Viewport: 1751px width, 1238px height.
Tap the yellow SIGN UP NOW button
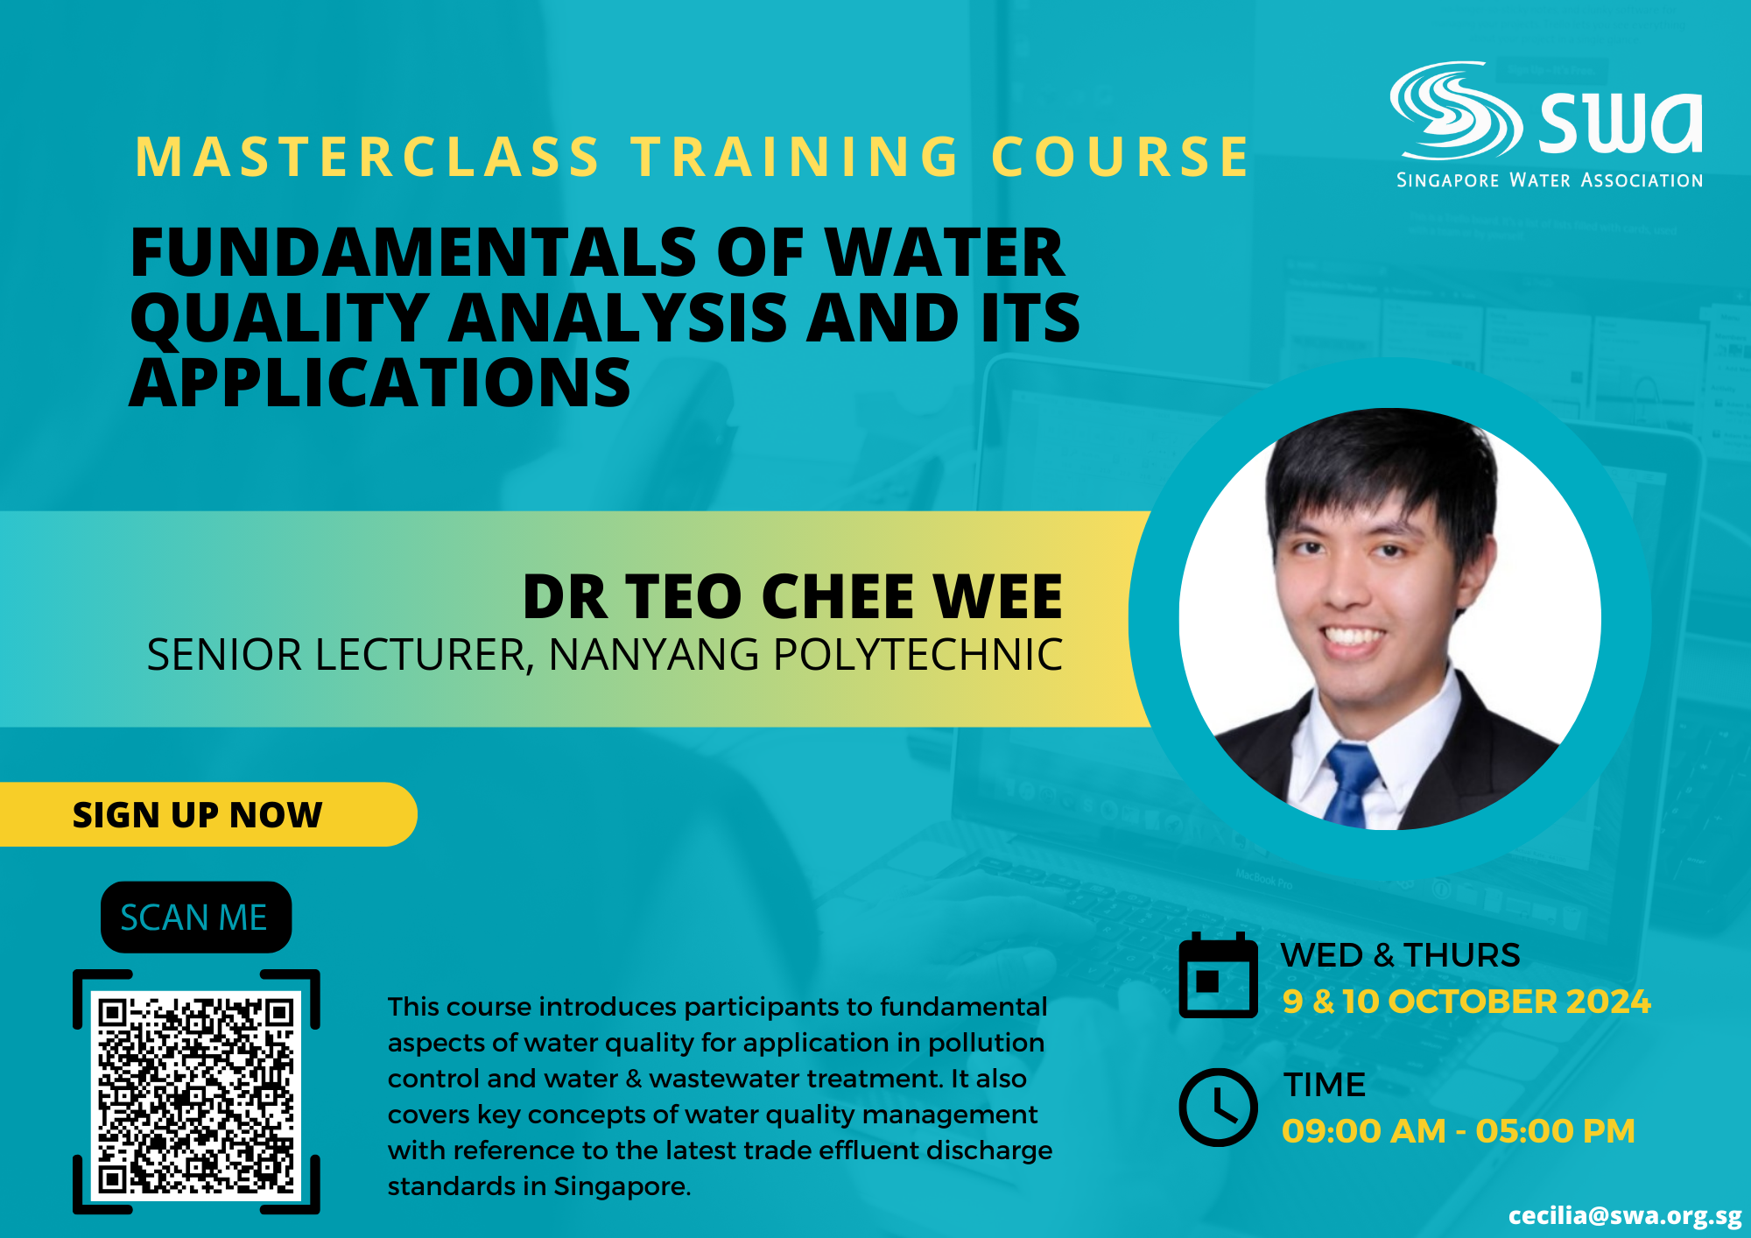click(208, 814)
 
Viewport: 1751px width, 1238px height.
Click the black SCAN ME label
click(196, 917)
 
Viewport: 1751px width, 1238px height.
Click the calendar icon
click(1218, 975)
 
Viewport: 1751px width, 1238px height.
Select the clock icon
click(1218, 1108)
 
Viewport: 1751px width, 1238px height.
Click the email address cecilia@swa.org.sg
click(1625, 1215)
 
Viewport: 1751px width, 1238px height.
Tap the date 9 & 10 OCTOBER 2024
click(1466, 1002)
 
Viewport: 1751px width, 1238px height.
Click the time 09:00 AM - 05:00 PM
click(1459, 1131)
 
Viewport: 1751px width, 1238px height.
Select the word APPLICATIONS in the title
click(380, 383)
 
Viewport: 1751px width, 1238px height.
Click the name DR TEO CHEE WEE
click(792, 597)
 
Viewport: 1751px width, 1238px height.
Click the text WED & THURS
click(1401, 955)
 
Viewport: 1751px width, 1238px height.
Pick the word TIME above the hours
click(1325, 1085)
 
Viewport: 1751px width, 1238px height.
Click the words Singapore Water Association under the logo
click(1550, 180)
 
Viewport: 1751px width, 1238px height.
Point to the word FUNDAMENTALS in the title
click(413, 252)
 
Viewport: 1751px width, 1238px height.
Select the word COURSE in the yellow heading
click(1120, 158)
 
